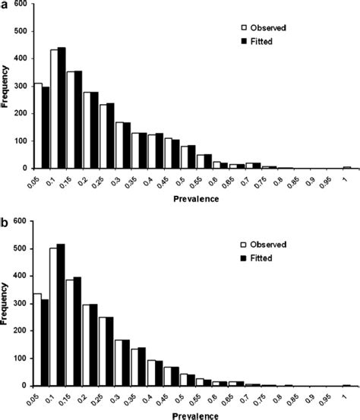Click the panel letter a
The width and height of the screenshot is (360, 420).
[5, 5]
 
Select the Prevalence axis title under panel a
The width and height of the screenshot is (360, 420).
[194, 199]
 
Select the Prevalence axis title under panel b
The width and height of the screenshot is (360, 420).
[194, 415]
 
